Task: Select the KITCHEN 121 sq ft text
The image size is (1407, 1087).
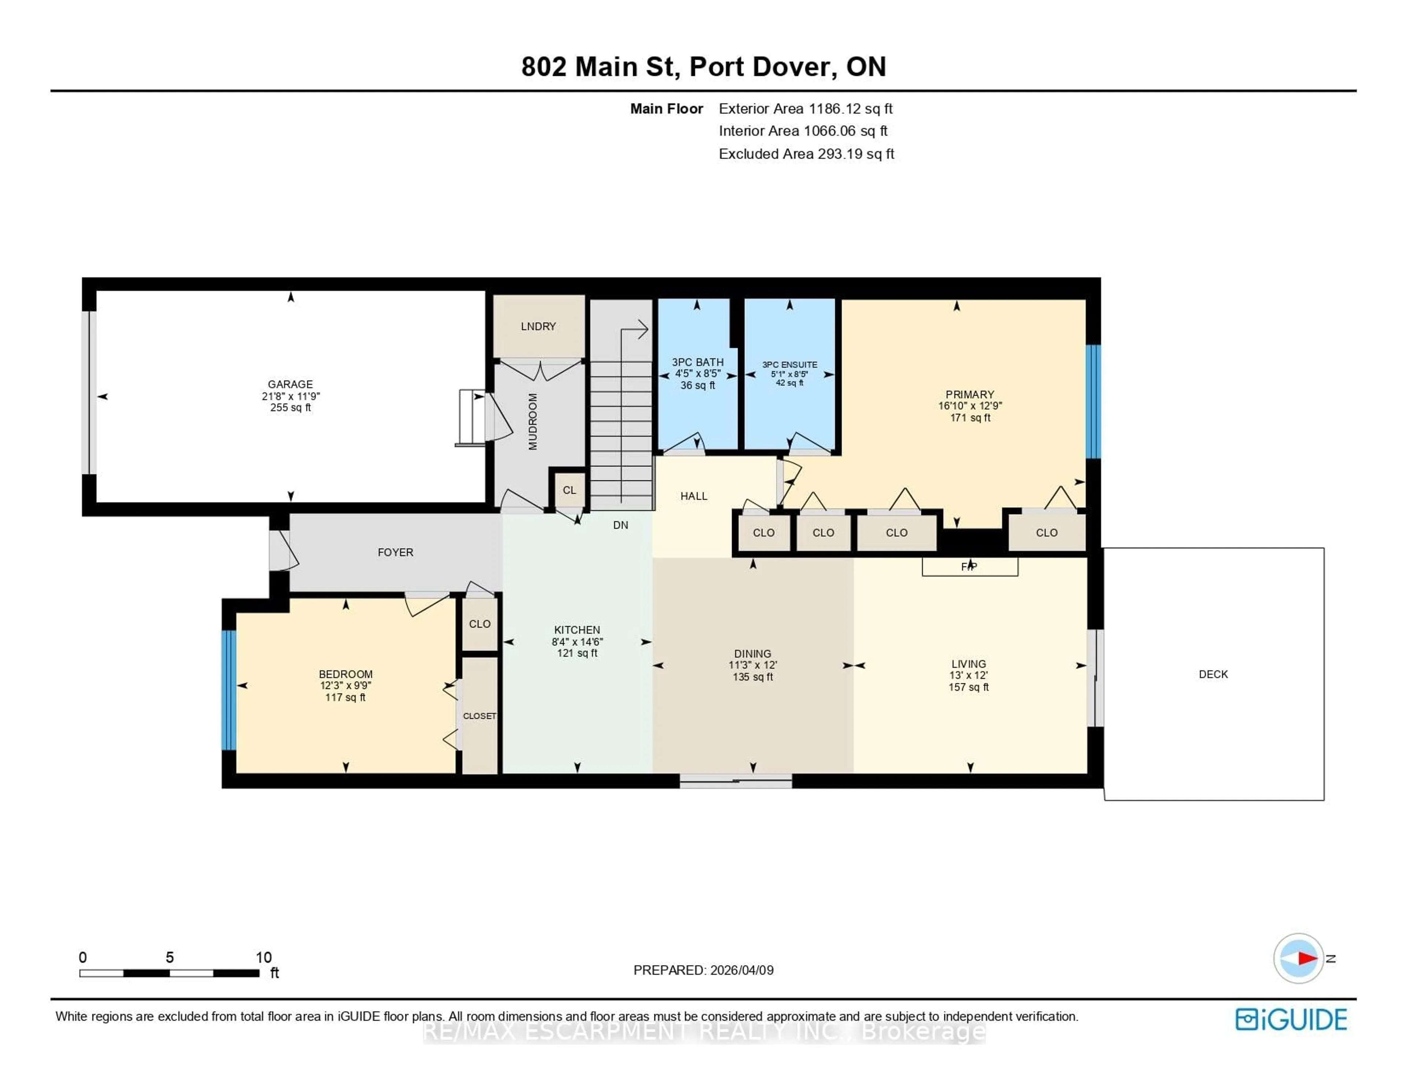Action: click(x=577, y=653)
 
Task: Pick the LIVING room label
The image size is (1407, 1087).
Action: click(x=968, y=664)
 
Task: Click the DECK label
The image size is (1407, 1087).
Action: click(x=1213, y=674)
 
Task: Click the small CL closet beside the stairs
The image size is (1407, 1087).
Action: click(x=569, y=490)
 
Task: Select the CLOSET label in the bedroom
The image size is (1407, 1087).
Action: click(x=479, y=716)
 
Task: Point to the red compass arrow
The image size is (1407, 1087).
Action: click(x=1307, y=958)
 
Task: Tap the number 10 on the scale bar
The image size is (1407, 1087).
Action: click(x=263, y=957)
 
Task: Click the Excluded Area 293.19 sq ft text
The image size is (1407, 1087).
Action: click(x=806, y=154)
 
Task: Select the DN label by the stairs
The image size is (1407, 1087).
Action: click(x=620, y=525)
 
